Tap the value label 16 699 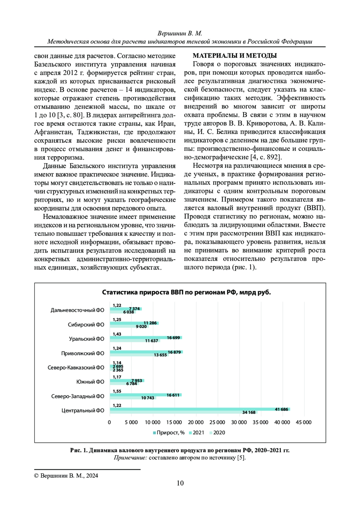[173, 338]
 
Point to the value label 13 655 [160, 355]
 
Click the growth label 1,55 [117, 391]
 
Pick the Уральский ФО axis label [86, 339]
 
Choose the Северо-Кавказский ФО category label [76, 367]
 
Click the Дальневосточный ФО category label [77, 310]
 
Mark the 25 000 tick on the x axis [217, 422]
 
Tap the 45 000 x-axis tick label [304, 422]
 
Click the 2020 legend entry [219, 433]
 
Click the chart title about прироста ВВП [186, 292]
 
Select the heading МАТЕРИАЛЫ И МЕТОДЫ [235, 55]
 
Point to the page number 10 [180, 483]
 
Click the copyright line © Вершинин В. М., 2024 [66, 476]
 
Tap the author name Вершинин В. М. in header [180, 33]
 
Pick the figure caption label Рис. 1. [79, 450]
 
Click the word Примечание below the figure [130, 458]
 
